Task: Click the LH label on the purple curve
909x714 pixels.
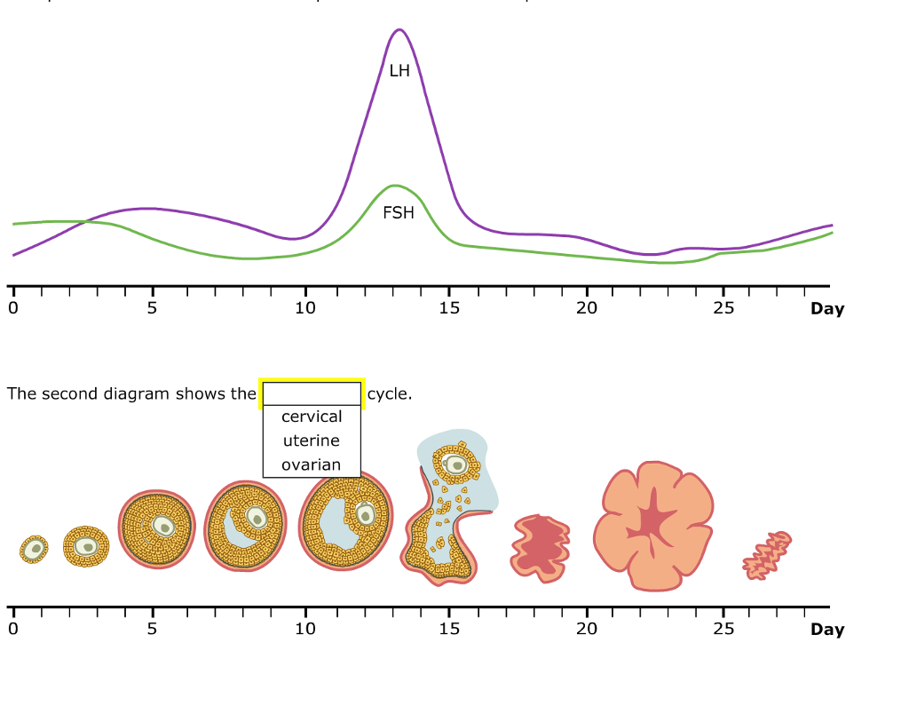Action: coord(399,71)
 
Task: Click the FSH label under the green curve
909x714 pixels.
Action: coord(399,213)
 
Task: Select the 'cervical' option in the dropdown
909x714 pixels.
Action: coord(312,416)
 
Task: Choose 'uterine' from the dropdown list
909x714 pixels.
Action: coord(312,440)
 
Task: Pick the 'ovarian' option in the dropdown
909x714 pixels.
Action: coord(312,464)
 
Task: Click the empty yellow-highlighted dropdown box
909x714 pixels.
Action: coord(312,393)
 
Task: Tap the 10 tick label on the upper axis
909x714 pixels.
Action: coord(305,308)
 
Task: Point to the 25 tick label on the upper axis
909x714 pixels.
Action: coord(723,308)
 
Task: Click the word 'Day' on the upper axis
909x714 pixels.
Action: coord(827,309)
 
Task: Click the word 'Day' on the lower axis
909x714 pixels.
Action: coord(827,630)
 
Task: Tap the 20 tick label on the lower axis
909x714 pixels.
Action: coord(586,629)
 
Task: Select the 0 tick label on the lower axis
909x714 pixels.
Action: coord(12,629)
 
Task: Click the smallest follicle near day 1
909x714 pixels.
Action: coord(34,550)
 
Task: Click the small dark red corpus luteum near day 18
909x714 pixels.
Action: coord(540,549)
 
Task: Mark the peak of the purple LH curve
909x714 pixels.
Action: coord(399,30)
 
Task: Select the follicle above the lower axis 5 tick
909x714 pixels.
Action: coord(157,528)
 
